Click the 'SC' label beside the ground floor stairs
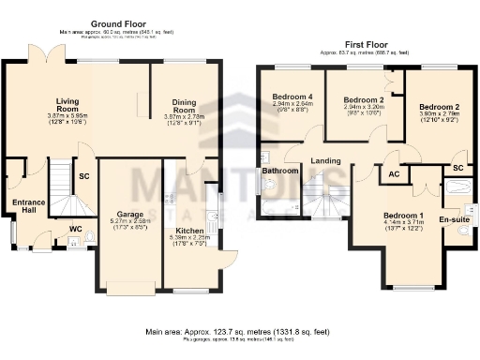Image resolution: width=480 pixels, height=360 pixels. point(83,176)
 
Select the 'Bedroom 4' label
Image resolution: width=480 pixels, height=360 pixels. point(291,97)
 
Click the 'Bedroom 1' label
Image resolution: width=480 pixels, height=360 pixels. point(403,216)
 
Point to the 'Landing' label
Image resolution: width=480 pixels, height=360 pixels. point(326,160)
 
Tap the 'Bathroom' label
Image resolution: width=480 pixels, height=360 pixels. point(279,172)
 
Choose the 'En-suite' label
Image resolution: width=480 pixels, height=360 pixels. point(453,219)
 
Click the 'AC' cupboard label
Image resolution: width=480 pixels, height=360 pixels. point(392,173)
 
